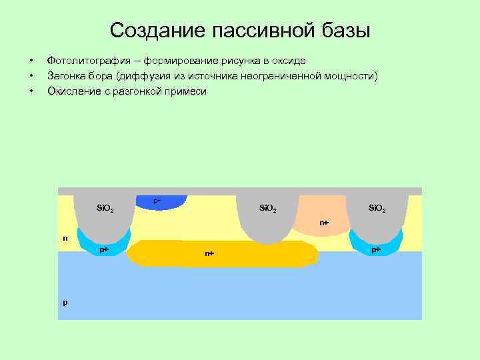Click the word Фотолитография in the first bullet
[x=85, y=61]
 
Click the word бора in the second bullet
[x=99, y=76]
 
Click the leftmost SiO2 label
[x=105, y=209]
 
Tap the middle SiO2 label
[x=268, y=209]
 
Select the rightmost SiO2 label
[x=377, y=209]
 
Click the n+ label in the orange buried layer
[x=209, y=254]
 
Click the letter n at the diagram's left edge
[x=65, y=238]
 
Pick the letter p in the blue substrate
[x=65, y=302]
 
